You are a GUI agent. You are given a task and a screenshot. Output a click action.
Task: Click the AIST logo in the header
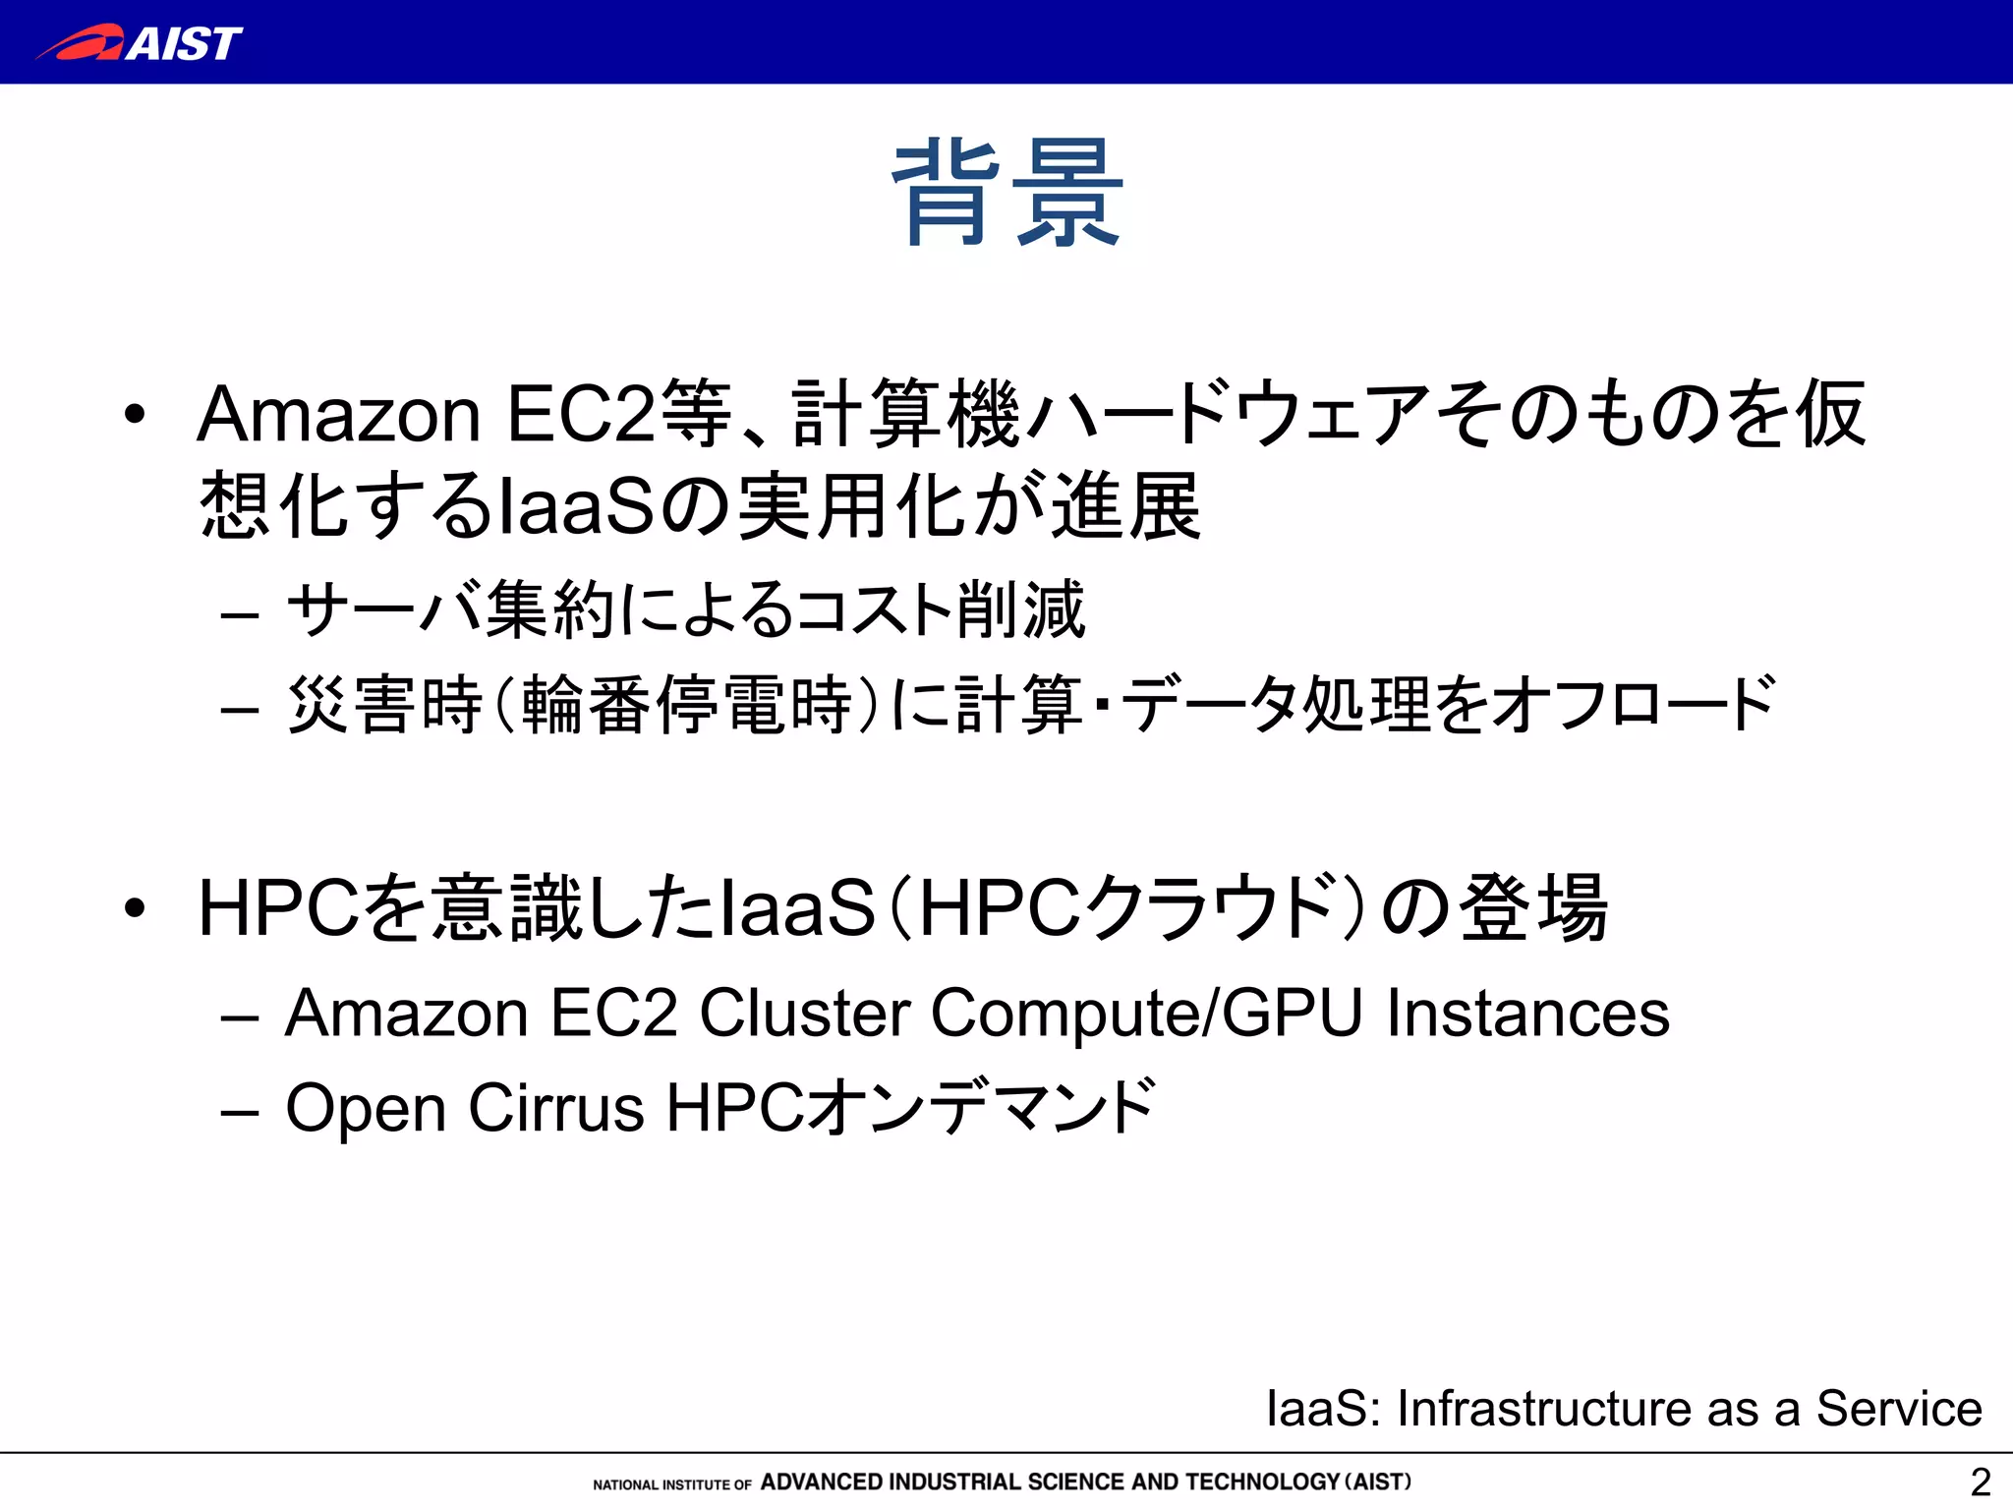click(x=140, y=43)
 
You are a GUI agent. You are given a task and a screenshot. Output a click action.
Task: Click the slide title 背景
click(x=1006, y=193)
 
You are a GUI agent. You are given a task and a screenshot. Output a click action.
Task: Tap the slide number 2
click(x=1980, y=1481)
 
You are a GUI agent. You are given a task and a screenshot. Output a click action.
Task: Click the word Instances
click(x=1527, y=1013)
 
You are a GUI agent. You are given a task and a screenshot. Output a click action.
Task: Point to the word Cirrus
click(x=556, y=1108)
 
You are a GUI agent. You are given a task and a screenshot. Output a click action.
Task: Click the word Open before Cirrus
click(x=366, y=1108)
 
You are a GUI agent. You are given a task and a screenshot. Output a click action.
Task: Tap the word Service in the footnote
click(x=1898, y=1408)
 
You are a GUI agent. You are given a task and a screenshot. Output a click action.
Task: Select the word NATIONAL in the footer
click(x=626, y=1484)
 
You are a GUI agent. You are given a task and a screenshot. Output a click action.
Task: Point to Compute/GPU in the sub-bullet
click(x=1146, y=1013)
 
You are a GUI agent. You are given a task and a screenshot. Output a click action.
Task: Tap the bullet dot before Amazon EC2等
click(x=135, y=414)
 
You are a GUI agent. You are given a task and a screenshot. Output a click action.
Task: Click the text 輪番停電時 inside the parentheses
click(x=686, y=705)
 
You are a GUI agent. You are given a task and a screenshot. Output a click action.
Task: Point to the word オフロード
click(x=1634, y=705)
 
